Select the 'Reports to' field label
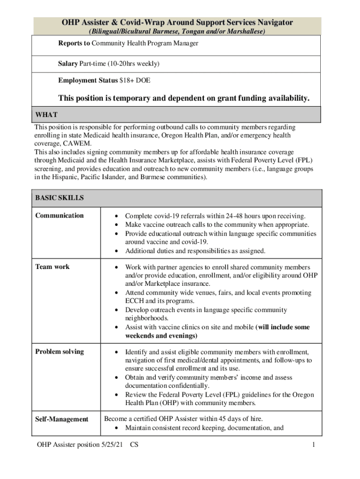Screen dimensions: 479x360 tap(74, 44)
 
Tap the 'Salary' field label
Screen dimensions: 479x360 tap(67, 63)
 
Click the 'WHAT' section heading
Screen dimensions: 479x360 tap(46, 115)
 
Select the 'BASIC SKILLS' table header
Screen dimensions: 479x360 tap(59, 198)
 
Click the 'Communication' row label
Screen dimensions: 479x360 tap(59, 216)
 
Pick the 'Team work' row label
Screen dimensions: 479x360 tap(52, 267)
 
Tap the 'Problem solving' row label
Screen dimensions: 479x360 tap(59, 352)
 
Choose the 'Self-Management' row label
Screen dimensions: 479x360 tap(62, 419)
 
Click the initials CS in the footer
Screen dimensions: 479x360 tap(135, 445)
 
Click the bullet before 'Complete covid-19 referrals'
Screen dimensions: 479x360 tap(116, 216)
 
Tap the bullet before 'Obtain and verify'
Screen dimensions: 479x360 tap(116, 378)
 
